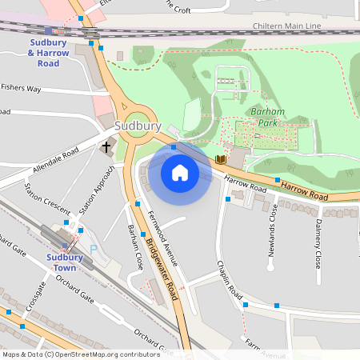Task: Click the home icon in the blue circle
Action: [180, 173]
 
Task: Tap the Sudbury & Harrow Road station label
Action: [54, 52]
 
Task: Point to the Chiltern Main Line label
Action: [286, 26]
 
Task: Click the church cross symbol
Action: [106, 147]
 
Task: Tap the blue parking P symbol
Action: [94, 250]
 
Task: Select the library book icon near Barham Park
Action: [221, 160]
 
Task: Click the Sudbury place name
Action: [138, 126]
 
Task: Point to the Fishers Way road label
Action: [21, 88]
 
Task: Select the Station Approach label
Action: [97, 190]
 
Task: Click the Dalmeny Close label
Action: [318, 243]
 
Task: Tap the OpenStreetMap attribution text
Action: [81, 354]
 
